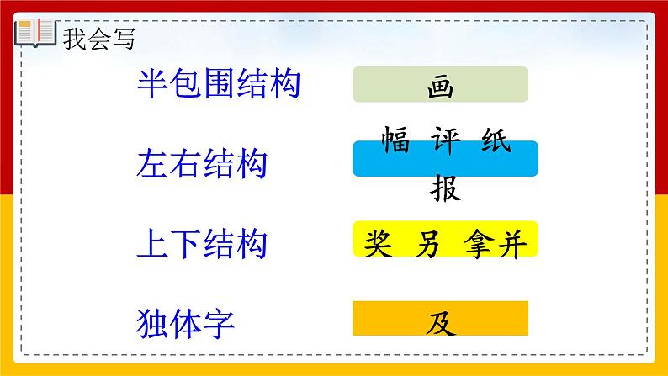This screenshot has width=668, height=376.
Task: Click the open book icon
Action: coord(34,33)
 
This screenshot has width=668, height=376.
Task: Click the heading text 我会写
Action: coord(98,39)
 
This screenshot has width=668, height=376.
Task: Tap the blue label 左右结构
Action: coord(201,163)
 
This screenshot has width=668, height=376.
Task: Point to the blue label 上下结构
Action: coord(201,243)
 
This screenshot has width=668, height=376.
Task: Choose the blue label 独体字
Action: coord(184,323)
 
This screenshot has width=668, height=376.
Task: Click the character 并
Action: coord(512,243)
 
